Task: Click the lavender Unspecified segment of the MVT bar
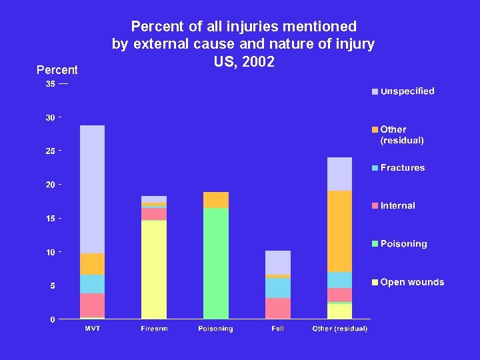(92, 189)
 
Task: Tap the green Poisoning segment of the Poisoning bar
(216, 263)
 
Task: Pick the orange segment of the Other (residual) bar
(339, 231)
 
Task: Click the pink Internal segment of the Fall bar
(278, 308)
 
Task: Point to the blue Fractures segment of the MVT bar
(92, 284)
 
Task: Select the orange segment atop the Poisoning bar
(216, 200)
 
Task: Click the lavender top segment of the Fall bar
(278, 263)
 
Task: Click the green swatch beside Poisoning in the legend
(375, 245)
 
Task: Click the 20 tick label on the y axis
(51, 185)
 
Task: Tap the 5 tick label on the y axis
(53, 286)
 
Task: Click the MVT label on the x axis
(92, 329)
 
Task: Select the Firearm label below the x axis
(154, 329)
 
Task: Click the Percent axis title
(57, 70)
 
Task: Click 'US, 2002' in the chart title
(244, 62)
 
